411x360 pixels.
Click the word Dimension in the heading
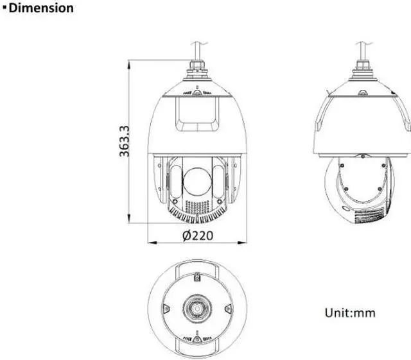[41, 8]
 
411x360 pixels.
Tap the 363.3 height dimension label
[124, 141]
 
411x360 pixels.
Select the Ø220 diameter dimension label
[198, 236]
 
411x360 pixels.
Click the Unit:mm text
[350, 313]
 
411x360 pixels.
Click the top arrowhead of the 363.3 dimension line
[128, 64]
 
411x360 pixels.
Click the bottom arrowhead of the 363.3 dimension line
[128, 219]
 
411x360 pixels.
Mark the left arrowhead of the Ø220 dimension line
[153, 243]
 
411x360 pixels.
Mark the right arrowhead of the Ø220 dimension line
[242, 243]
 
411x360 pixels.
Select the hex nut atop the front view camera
[197, 65]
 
